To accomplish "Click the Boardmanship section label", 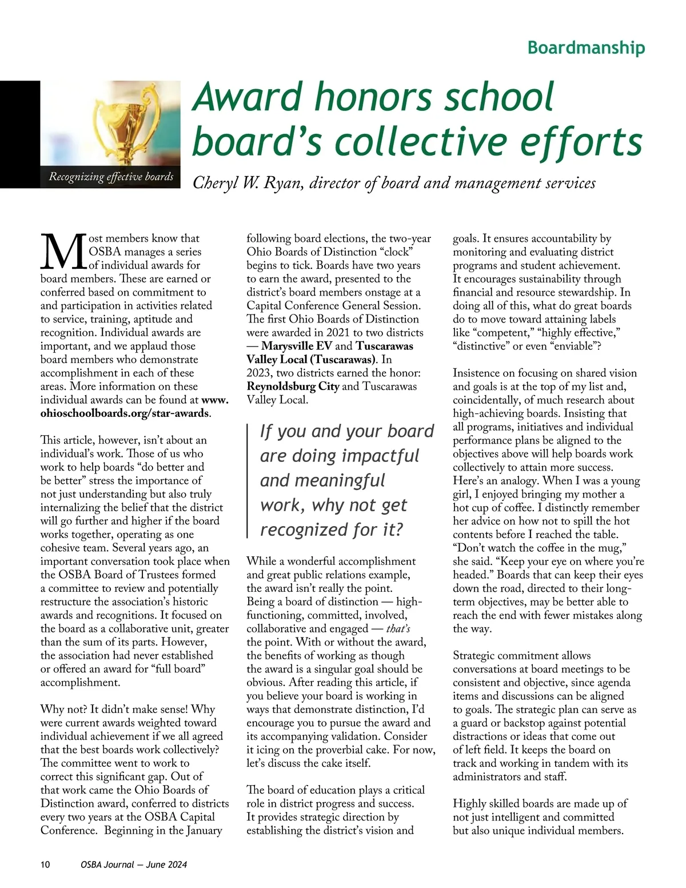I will [x=586, y=47].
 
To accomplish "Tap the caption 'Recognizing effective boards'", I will [x=111, y=177].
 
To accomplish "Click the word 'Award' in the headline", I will [x=249, y=97].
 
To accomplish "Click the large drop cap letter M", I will [x=63, y=252].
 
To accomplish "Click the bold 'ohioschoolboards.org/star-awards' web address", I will [x=125, y=413].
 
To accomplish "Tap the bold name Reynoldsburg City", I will [x=293, y=386].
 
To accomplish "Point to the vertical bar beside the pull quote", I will [x=248, y=480].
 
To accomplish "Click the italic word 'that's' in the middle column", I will [x=398, y=629].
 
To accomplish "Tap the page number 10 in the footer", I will [x=45, y=865].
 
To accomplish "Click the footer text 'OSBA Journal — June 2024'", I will [x=134, y=865].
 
